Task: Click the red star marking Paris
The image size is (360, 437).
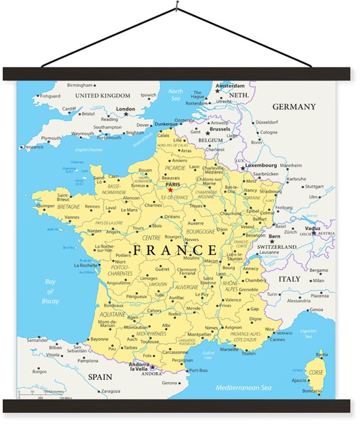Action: [170, 191]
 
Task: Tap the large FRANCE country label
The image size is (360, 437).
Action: [175, 250]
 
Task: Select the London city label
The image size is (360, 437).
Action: [125, 109]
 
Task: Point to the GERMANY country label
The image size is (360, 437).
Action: [294, 107]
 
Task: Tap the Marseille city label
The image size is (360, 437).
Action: [229, 349]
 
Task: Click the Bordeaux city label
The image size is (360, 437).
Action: [114, 305]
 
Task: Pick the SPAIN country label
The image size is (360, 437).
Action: [101, 377]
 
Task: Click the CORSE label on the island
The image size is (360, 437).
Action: [315, 372]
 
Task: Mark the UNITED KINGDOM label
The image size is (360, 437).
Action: [103, 96]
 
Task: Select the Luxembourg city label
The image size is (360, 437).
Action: [261, 166]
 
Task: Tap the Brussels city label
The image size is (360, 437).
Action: [221, 129]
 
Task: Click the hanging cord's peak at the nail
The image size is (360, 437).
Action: [177, 8]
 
